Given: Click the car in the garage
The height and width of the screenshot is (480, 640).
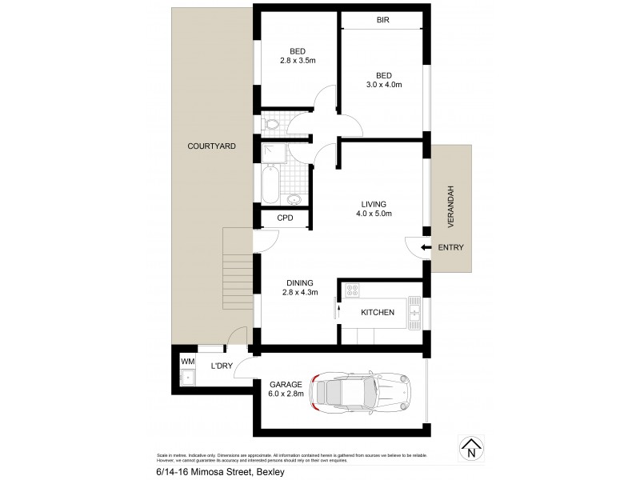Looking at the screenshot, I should [359, 392].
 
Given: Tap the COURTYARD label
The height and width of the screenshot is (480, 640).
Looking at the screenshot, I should [211, 146].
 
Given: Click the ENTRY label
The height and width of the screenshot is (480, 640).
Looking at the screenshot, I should [450, 248].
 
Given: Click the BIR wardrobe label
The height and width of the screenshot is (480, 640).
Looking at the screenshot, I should [383, 21].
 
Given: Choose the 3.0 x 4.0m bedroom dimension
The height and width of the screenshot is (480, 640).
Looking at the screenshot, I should [383, 85].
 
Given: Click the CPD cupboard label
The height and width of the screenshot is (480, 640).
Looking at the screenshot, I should [285, 218].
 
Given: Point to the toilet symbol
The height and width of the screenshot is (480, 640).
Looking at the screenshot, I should [270, 124].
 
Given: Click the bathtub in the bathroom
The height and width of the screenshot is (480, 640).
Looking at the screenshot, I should [270, 183].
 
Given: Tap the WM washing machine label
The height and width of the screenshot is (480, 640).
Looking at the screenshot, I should [188, 362].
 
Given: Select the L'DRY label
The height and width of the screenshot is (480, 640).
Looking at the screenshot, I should [222, 366].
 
